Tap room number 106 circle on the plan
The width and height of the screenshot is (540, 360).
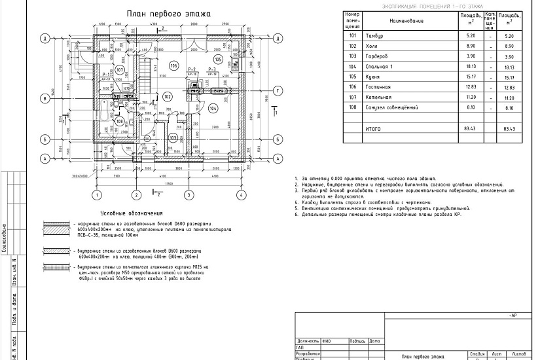[x=173, y=65]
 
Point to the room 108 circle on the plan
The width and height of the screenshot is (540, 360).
[x=120, y=121]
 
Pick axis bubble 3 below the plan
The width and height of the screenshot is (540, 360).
[x=188, y=194]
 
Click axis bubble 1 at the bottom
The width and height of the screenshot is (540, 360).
[x=96, y=194]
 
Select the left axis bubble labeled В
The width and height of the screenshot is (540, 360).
[x=45, y=99]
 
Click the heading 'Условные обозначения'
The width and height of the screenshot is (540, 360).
[x=133, y=214]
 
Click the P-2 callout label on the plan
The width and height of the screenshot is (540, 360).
[x=192, y=69]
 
